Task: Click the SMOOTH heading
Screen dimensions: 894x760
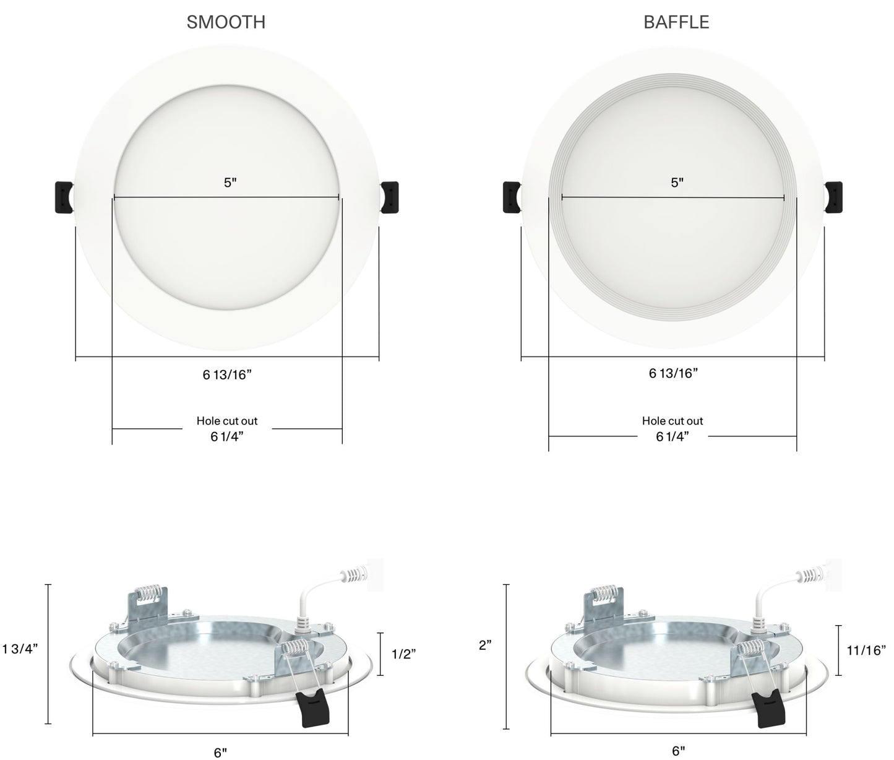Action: [x=226, y=22]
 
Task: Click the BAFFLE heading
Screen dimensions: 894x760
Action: [x=676, y=22]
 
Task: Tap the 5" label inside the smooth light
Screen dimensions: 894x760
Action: [x=230, y=183]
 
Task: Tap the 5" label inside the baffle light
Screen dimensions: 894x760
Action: [x=677, y=183]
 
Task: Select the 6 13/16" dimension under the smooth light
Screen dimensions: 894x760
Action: [x=227, y=374]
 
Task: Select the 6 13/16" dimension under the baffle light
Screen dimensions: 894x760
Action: [x=673, y=373]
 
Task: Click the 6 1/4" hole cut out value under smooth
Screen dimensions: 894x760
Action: [x=227, y=437]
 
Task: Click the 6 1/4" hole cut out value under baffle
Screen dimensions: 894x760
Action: [x=673, y=437]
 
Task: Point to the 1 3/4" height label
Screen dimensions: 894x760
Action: [x=20, y=649]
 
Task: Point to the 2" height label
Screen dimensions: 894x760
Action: [x=485, y=646]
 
